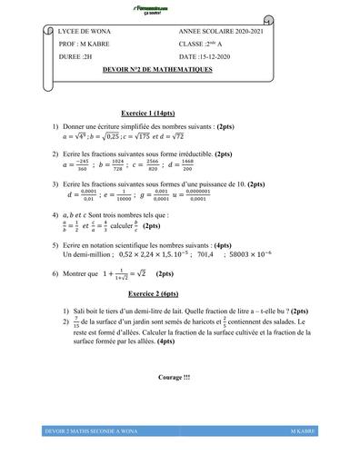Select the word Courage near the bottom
tap(172, 377)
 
